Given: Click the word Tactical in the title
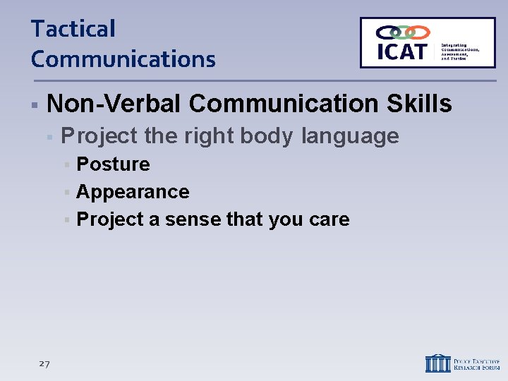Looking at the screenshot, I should coord(73,30).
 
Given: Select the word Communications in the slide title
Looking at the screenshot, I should coord(123,59).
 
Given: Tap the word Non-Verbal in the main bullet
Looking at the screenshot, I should coord(114,104).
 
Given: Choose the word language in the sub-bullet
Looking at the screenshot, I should coord(350,135).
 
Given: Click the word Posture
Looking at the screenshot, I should coord(113,164).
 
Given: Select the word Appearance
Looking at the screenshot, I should coord(133,192).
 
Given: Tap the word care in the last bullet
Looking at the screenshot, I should coord(329,219).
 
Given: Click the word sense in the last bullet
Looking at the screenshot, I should coord(193,219).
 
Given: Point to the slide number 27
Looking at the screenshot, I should coord(44,363).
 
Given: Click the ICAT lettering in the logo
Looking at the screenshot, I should coord(401,52).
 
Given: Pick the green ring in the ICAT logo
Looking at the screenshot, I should coord(403,32).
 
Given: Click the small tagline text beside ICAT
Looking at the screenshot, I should coord(460,51).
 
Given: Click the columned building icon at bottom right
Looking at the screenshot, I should coord(437,363).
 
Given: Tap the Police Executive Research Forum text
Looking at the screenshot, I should coord(477,363).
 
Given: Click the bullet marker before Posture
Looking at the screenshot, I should coord(66,165).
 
